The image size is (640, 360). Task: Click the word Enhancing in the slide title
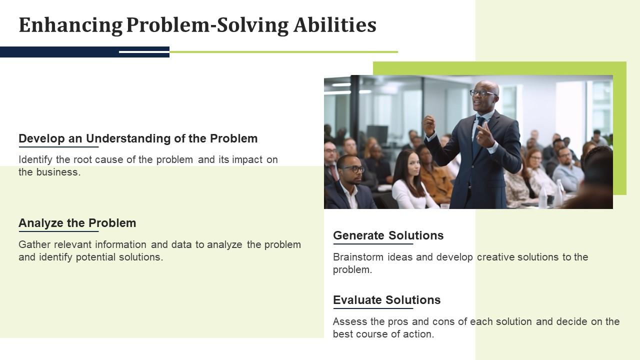[x=70, y=25]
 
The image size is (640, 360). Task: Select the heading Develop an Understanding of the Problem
[x=138, y=138]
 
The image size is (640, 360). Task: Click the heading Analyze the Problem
[x=77, y=223]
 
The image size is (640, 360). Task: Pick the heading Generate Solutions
[x=388, y=235]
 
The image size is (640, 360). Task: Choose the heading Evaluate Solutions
[x=386, y=300]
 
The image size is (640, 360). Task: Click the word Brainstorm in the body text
[x=358, y=257]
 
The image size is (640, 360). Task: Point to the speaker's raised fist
[x=428, y=123]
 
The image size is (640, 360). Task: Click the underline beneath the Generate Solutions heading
[x=373, y=244]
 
